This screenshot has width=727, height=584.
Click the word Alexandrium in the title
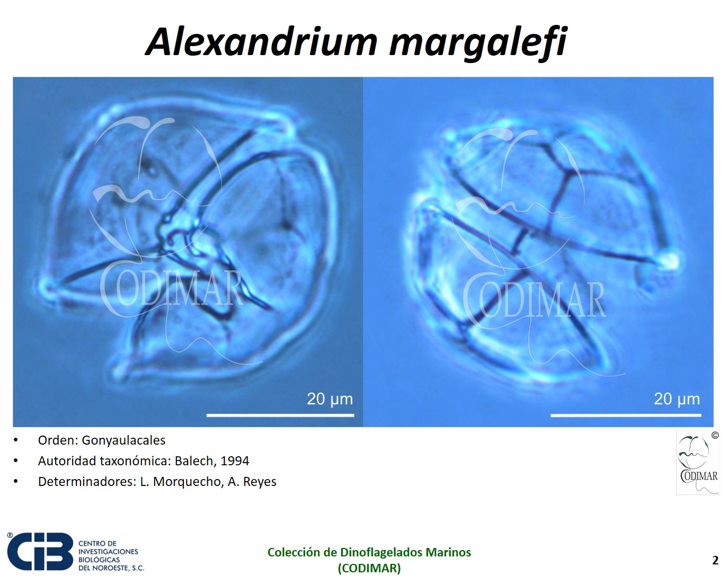pyautogui.click(x=261, y=42)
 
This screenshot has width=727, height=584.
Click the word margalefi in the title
pyautogui.click(x=478, y=44)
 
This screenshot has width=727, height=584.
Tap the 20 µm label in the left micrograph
pyautogui.click(x=330, y=399)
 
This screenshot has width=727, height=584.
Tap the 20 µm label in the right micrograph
pyautogui.click(x=677, y=399)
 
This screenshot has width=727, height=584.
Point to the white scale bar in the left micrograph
pyautogui.click(x=280, y=415)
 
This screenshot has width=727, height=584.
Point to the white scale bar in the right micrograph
pyautogui.click(x=626, y=415)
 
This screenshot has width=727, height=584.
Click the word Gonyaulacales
pyautogui.click(x=123, y=441)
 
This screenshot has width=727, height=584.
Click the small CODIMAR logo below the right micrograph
pyautogui.click(x=698, y=463)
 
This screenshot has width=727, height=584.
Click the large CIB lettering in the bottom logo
pyautogui.click(x=40, y=552)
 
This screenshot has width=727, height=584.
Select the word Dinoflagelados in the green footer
pyautogui.click(x=381, y=553)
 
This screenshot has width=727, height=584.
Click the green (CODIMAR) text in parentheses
pyautogui.click(x=369, y=569)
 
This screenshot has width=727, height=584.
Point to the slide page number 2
pyautogui.click(x=715, y=560)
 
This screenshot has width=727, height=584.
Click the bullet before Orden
pyautogui.click(x=15, y=441)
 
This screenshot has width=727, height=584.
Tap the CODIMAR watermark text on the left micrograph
pyautogui.click(x=172, y=290)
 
